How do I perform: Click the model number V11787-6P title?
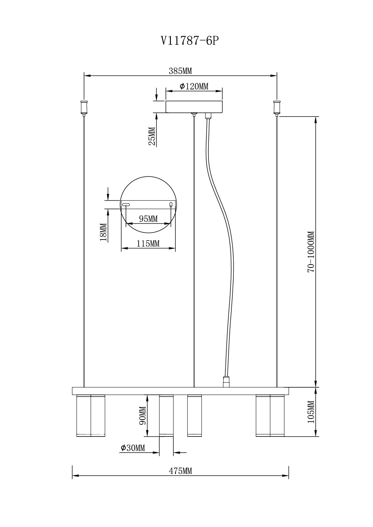[x=189, y=41]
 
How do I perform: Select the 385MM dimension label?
[x=180, y=71]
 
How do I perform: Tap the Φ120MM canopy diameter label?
[x=194, y=87]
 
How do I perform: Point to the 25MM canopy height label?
[x=152, y=136]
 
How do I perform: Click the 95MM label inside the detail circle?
[x=148, y=219]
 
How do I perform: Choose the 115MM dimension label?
[x=148, y=243]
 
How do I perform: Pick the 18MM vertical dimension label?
[x=103, y=232]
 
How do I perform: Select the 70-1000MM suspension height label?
[x=311, y=252]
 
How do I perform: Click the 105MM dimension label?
[x=311, y=412]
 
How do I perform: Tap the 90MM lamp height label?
[x=143, y=416]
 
